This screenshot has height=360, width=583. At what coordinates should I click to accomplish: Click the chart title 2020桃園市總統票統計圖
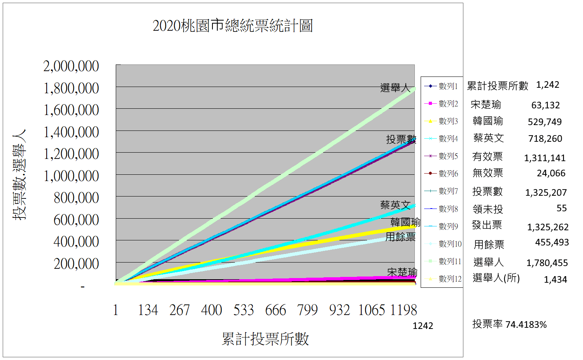coord(232,26)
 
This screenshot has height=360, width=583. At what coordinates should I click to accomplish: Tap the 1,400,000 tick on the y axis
coord(71,132)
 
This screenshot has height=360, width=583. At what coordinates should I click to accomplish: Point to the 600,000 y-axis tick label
coord(76,220)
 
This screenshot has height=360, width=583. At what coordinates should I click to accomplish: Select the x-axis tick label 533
coord(244,310)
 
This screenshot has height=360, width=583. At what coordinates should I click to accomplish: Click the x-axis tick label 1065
coord(371,310)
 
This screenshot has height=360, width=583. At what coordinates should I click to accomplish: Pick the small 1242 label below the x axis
coord(423,326)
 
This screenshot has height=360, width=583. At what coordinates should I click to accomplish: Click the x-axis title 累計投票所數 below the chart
coord(265,339)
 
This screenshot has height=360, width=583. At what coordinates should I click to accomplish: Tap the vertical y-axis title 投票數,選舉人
coord(19,174)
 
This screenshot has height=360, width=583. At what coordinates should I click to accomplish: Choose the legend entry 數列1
coord(441,86)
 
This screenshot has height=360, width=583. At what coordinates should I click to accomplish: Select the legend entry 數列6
coord(441,173)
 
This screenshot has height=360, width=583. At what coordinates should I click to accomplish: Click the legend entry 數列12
coord(443,279)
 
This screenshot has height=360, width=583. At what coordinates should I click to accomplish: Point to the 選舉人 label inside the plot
coord(395,88)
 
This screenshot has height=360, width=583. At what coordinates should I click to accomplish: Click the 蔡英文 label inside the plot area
coord(395,205)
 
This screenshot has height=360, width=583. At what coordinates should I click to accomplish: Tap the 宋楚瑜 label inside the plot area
coord(402,272)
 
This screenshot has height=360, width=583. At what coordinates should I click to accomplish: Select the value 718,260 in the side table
coord(545,139)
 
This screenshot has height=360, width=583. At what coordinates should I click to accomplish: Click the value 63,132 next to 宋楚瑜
coord(546,105)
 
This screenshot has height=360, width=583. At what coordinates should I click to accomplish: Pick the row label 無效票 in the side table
coord(488,173)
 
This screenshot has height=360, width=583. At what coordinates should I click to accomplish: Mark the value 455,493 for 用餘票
coord(552,243)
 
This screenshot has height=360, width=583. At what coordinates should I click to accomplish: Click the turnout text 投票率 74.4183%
coord(509,324)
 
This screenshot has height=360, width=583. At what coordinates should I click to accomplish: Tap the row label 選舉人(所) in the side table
coord(496,278)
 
